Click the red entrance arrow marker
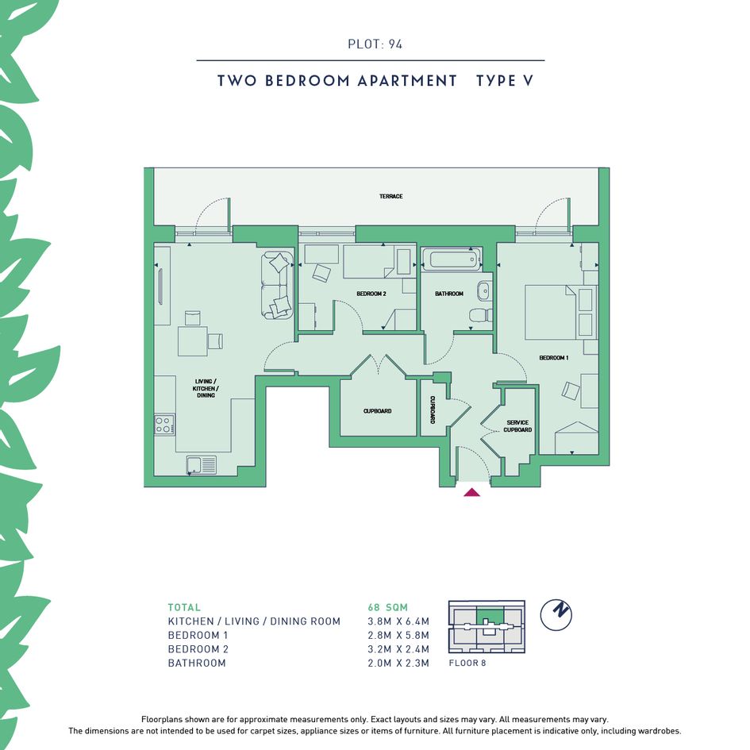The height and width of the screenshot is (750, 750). click(x=471, y=492)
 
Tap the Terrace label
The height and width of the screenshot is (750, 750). click(x=390, y=196)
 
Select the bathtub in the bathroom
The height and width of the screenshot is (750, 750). click(x=452, y=260)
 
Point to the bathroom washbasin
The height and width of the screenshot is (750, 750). click(x=484, y=290)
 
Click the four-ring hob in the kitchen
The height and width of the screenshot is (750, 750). click(x=163, y=425)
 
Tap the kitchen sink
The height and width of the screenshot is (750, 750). click(x=202, y=465)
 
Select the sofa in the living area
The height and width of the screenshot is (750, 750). click(x=278, y=284)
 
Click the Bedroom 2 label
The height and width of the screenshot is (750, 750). click(x=371, y=294)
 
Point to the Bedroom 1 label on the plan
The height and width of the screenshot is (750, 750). click(x=554, y=358)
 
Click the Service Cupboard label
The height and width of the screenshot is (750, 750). click(x=517, y=426)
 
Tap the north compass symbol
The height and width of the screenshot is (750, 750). click(x=556, y=614)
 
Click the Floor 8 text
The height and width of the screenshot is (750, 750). click(x=467, y=663)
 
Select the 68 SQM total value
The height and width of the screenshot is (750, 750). click(x=388, y=607)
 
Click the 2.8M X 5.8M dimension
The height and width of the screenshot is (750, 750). click(x=398, y=635)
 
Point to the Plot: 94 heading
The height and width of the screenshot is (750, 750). click(x=375, y=44)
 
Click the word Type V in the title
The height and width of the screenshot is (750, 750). click(x=505, y=81)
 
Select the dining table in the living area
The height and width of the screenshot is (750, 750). click(x=193, y=341)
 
